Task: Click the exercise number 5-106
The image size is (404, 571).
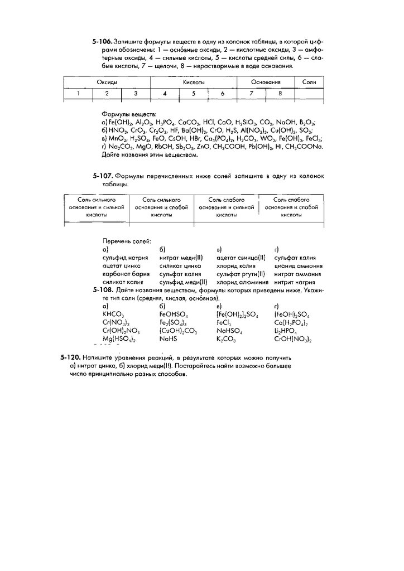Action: [103, 42]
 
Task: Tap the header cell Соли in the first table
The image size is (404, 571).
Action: [309, 82]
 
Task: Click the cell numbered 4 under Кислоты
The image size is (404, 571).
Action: [165, 94]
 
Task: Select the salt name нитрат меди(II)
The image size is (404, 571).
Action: [181, 258]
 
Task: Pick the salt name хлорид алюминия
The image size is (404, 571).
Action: [238, 282]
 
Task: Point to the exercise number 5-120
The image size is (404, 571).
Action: [71, 357]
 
